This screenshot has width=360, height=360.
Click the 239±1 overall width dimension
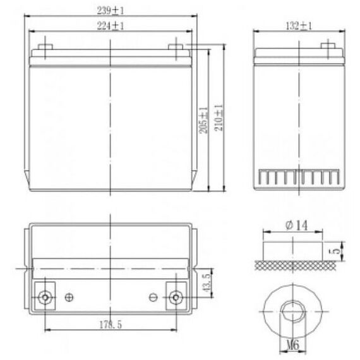pyautogui.click(x=112, y=11)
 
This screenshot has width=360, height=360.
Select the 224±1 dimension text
pyautogui.click(x=112, y=26)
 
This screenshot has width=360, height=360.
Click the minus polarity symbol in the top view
pyautogui.click(x=152, y=297)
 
